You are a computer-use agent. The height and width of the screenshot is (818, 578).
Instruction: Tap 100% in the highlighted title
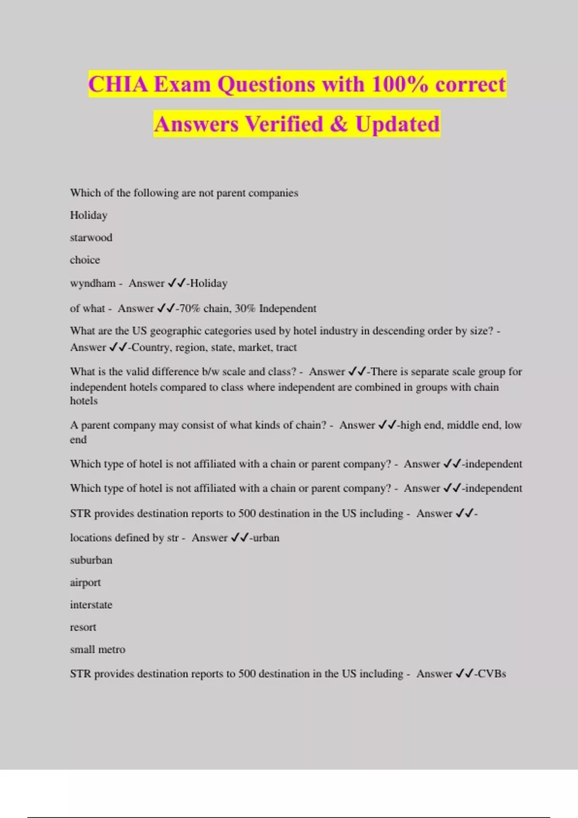pos(399,85)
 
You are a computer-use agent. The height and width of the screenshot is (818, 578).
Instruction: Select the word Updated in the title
pos(397,124)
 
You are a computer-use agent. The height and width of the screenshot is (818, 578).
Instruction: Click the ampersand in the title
pos(339,124)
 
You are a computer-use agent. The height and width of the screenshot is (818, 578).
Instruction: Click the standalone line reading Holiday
pos(89,215)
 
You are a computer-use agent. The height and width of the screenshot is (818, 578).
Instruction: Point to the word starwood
pos(91,238)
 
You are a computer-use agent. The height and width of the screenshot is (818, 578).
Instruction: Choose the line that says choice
pos(85,260)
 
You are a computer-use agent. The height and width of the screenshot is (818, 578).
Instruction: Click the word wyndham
pos(92,283)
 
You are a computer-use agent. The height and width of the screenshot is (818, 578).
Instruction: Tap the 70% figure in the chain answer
pos(189,308)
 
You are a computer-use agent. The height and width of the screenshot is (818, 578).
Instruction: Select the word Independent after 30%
pos(288,308)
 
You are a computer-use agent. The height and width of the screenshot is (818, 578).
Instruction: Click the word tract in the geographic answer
pos(286,347)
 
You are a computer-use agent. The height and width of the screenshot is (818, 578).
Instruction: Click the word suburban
pos(91,560)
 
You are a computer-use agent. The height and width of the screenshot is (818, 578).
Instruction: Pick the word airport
pos(85,583)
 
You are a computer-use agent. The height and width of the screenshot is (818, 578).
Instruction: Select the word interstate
pos(91,605)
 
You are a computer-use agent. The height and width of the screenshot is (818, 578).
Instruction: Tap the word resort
pos(83,627)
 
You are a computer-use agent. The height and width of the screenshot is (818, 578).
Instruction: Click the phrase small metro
pos(97,650)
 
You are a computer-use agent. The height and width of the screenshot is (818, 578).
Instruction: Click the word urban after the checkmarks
pos(266,538)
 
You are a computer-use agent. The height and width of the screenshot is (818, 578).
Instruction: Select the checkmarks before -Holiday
pos(177,283)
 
